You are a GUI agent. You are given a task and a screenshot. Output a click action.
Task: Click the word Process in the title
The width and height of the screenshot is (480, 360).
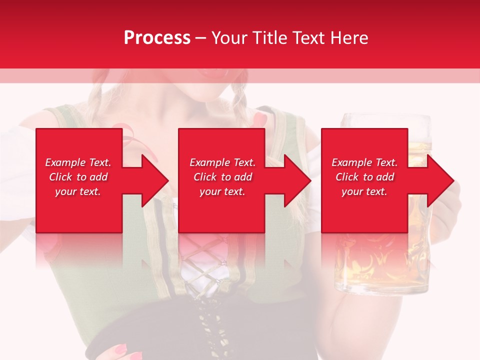click(x=157, y=38)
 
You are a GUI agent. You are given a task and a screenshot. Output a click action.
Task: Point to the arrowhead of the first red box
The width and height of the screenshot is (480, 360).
click(x=155, y=180)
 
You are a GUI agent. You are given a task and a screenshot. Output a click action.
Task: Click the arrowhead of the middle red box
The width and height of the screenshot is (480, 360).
click(x=298, y=180)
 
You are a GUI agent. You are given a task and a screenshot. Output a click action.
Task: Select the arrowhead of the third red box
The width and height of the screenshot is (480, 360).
click(x=440, y=180)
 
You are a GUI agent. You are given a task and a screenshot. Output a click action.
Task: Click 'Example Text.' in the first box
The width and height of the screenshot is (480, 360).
click(x=78, y=162)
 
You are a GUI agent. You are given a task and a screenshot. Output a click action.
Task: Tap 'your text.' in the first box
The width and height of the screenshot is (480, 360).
click(x=78, y=191)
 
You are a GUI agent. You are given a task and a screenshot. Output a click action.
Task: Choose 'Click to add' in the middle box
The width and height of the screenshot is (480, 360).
click(x=222, y=177)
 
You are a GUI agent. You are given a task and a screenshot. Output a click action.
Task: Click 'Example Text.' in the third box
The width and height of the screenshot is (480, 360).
click(x=364, y=162)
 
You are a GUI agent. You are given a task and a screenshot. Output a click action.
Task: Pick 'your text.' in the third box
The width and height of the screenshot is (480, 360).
click(x=364, y=191)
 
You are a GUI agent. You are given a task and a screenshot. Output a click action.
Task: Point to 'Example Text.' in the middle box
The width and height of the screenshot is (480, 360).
click(x=222, y=162)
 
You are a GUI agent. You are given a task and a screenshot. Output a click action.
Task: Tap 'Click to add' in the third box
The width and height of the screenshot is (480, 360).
click(x=364, y=177)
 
